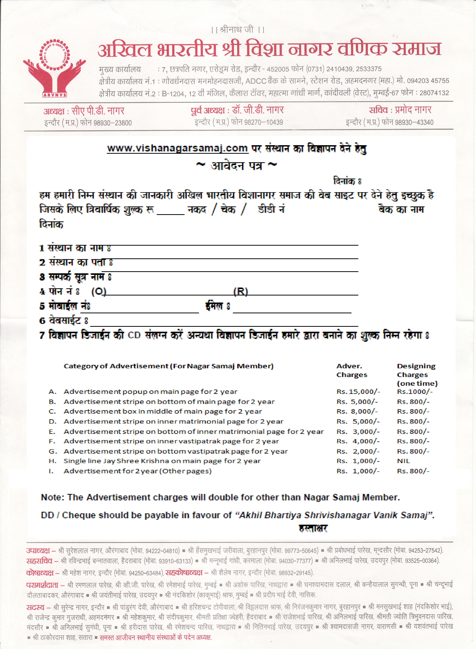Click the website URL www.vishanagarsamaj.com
(x=177, y=148)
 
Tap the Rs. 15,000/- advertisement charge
(x=358, y=392)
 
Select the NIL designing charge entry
(x=403, y=461)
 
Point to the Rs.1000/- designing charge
(x=415, y=392)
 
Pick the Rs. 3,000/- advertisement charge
(x=358, y=431)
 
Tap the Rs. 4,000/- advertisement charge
(x=358, y=441)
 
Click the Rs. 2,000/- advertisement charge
(x=358, y=451)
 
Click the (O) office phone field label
(x=99, y=292)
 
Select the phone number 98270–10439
(x=264, y=122)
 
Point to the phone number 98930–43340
(x=414, y=122)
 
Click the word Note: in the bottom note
(x=53, y=497)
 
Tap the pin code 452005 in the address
(x=278, y=69)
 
